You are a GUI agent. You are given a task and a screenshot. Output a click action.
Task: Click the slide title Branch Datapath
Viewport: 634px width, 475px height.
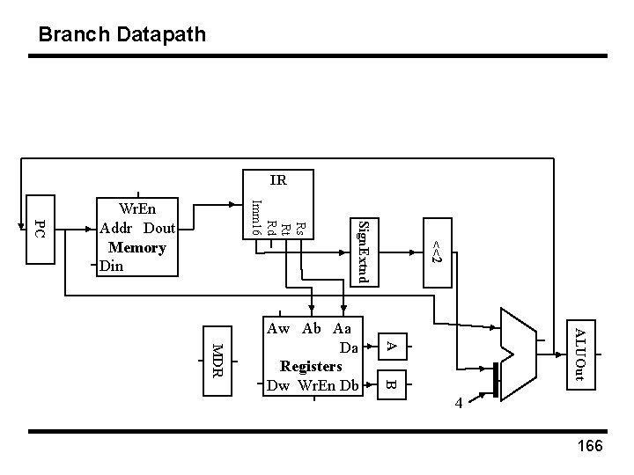[x=122, y=35]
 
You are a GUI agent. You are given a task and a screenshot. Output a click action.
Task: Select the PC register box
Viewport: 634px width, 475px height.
[x=39, y=230]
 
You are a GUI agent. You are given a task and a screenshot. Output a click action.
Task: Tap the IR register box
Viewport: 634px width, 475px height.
[x=277, y=181]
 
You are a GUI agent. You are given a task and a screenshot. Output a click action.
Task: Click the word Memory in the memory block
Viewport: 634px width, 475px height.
[x=137, y=247]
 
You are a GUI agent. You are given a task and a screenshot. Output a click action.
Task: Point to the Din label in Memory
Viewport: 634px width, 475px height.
[x=113, y=265]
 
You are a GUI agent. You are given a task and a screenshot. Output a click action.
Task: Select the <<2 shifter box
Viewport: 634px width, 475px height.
[x=437, y=251]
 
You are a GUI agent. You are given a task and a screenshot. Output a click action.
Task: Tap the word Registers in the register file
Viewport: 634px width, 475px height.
[x=311, y=365]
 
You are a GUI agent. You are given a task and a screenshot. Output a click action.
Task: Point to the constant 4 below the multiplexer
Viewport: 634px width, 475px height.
[x=459, y=404]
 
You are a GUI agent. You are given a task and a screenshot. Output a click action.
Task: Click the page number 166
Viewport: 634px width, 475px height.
[x=588, y=446]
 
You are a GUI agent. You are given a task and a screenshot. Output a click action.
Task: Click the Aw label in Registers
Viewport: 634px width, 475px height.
[x=277, y=329]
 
